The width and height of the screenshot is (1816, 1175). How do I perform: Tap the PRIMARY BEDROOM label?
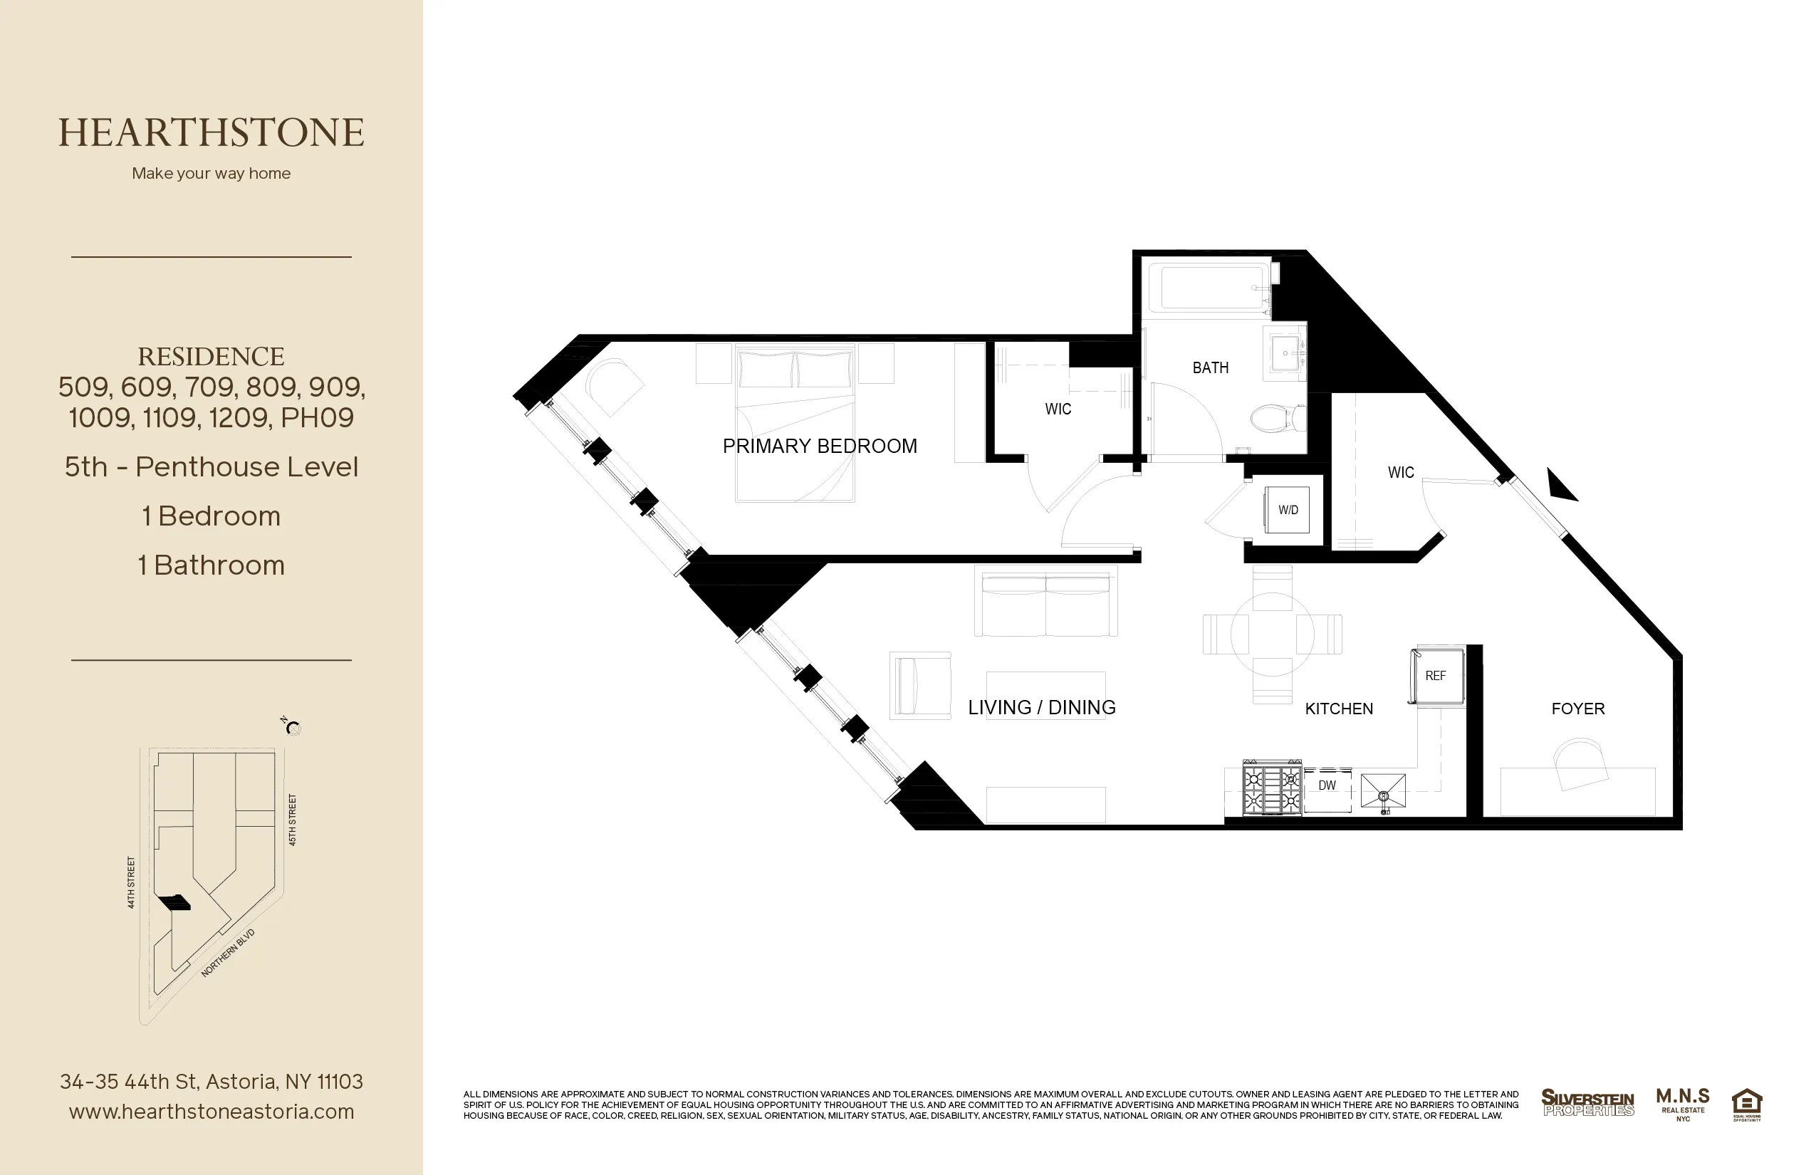(x=820, y=446)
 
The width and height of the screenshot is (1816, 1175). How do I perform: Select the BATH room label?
(x=1210, y=367)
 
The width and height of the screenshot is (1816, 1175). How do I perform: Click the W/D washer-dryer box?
(x=1288, y=510)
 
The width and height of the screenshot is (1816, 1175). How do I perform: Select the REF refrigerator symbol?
(x=1435, y=676)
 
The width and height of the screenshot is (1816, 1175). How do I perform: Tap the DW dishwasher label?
(x=1327, y=785)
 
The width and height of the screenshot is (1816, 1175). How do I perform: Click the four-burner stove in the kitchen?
(x=1271, y=788)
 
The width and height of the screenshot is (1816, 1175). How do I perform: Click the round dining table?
(x=1272, y=634)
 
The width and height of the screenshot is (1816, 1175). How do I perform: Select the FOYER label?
(x=1578, y=709)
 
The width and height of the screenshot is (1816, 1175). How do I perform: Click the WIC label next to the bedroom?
(x=1058, y=409)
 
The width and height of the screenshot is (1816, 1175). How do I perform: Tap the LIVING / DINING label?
(x=1041, y=707)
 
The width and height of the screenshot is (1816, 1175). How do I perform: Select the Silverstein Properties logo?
(x=1587, y=1102)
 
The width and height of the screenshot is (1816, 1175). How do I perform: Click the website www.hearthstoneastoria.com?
(x=212, y=1112)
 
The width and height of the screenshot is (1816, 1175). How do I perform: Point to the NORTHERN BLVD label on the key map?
(x=227, y=953)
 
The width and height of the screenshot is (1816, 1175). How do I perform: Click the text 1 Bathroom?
(x=212, y=565)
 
